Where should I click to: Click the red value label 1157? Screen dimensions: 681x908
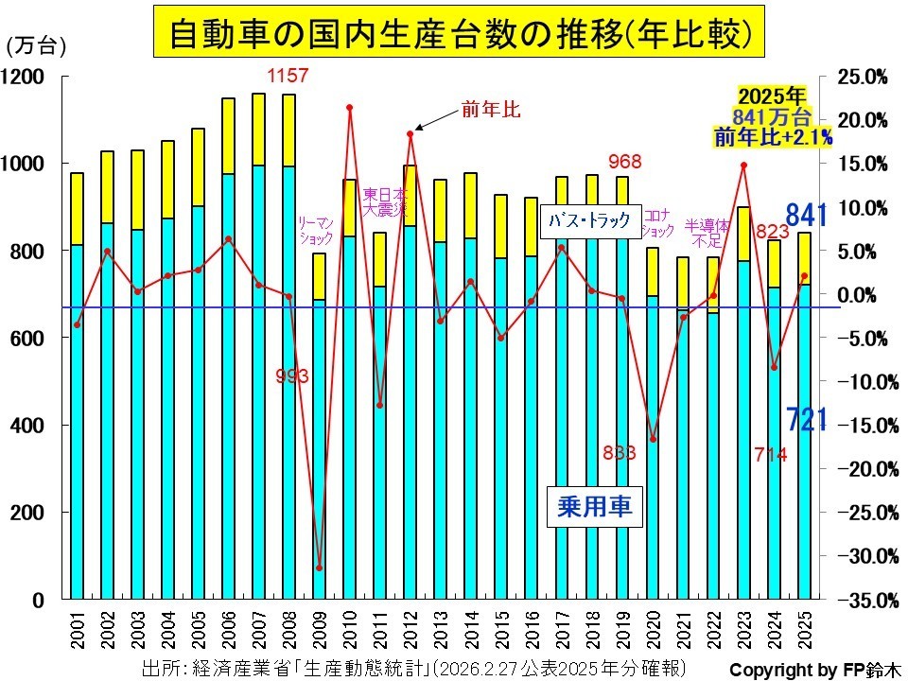[288, 76]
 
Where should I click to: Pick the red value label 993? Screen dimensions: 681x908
[292, 376]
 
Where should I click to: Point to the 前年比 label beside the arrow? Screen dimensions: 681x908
[491, 110]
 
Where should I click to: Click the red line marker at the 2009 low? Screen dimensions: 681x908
[319, 568]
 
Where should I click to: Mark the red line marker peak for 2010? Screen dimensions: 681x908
[350, 108]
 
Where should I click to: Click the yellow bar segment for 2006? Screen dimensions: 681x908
[227, 135]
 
